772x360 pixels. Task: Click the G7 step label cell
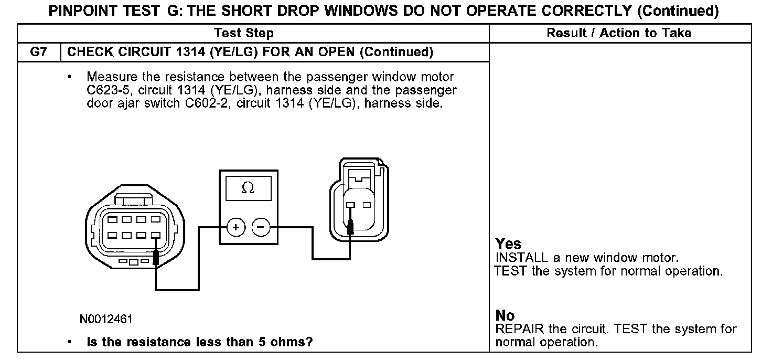39,52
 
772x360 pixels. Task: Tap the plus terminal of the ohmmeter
236,227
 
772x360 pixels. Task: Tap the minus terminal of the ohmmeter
261,227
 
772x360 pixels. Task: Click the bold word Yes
508,244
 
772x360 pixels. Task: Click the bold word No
505,315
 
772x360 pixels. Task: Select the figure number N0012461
106,319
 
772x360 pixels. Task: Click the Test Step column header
243,34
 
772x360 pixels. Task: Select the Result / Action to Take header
619,34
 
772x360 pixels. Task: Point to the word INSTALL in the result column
520,258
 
